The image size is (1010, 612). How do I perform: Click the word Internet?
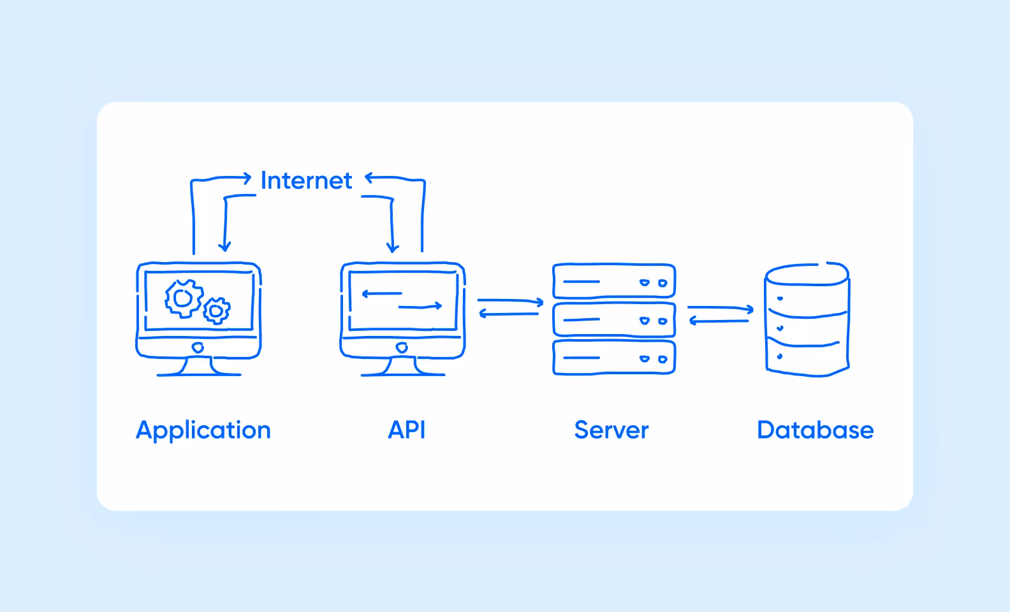[x=306, y=181]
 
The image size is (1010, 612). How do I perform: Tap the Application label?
[x=203, y=430]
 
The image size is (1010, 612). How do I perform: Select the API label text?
[x=407, y=430]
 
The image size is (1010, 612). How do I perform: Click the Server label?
[x=611, y=430]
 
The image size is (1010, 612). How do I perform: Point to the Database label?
[x=815, y=430]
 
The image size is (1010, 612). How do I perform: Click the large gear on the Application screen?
[x=184, y=298]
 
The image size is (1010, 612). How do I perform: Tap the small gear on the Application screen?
[x=217, y=310]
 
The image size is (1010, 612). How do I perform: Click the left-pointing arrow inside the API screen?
[x=381, y=294]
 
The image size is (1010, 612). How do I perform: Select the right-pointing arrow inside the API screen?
[x=420, y=307]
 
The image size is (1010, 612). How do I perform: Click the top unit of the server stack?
[x=613, y=281]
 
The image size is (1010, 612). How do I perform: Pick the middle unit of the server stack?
[x=613, y=319]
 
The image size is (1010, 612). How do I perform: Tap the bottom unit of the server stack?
[x=613, y=358]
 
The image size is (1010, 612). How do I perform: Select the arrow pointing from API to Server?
[x=510, y=300]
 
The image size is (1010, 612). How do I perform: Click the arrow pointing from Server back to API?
[x=509, y=314]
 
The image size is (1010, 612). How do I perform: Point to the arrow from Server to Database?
[x=721, y=309]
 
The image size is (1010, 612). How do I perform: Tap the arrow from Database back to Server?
[x=719, y=321]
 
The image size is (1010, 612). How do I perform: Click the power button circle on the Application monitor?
[x=198, y=347]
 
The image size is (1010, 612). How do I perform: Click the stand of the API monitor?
[x=402, y=367]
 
